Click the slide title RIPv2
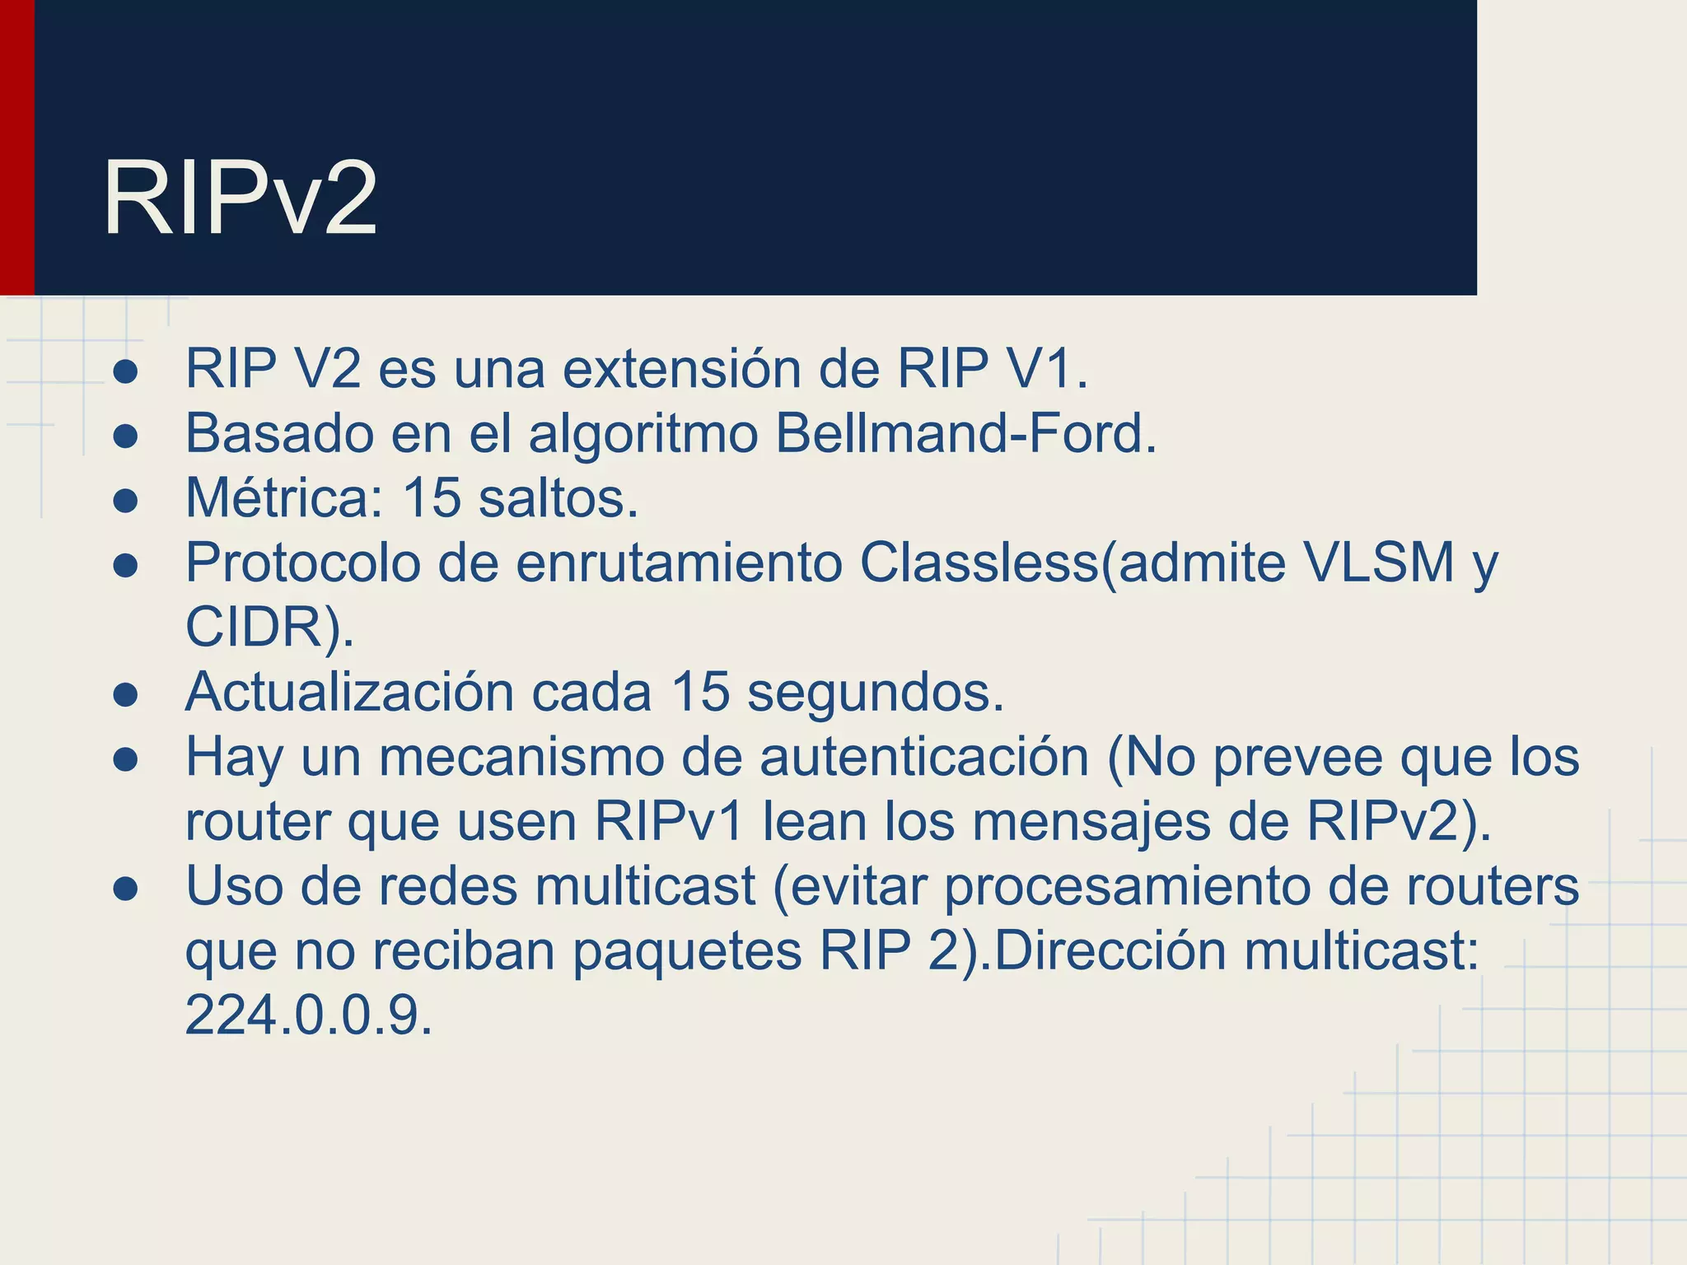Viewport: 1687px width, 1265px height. (240, 199)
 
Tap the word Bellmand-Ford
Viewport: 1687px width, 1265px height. (966, 433)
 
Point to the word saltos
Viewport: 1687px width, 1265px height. (558, 498)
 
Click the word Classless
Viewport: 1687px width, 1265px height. (979, 563)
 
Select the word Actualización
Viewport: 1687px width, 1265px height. (349, 692)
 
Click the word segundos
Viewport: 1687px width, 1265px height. (875, 692)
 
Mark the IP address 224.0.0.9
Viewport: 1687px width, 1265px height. (308, 1015)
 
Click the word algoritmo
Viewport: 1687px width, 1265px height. (643, 434)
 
